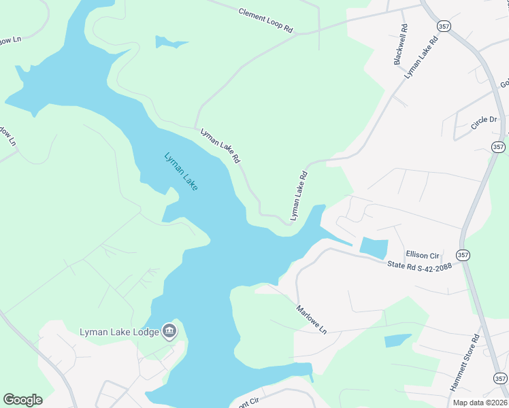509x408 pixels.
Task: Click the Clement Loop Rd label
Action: coord(265,21)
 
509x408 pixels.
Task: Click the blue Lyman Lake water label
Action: coord(181,171)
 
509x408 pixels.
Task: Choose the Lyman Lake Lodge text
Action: coord(119,332)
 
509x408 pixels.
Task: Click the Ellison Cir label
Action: coord(423,254)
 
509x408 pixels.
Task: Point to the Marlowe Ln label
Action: coord(312,319)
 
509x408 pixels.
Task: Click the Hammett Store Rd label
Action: coord(465,361)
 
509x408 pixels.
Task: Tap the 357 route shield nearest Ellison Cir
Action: coord(463,255)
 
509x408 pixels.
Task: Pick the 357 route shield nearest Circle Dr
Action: coord(498,146)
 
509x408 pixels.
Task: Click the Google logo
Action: coord(22,399)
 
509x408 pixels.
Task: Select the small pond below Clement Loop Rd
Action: coord(168,43)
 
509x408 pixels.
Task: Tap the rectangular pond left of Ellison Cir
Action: coord(373,248)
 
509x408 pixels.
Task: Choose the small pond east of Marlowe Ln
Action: coord(397,341)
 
